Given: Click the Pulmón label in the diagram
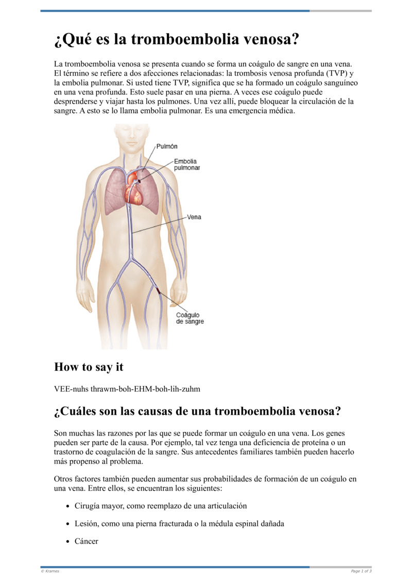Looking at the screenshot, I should (167, 147).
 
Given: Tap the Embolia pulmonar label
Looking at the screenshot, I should (186, 165).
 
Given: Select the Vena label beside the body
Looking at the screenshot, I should (194, 217).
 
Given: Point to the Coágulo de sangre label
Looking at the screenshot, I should (190, 318).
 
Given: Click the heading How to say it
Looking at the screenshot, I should (89, 367).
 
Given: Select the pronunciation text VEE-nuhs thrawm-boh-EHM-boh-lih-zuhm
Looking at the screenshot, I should (127, 389).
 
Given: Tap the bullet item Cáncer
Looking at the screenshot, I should (86, 541).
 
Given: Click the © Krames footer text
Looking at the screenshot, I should (50, 571).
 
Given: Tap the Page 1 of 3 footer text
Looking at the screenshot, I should (361, 571).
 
